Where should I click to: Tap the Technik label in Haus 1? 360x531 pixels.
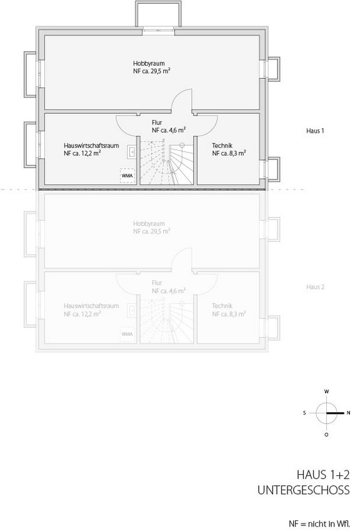click(x=222, y=145)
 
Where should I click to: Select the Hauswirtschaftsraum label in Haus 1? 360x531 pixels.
click(x=91, y=145)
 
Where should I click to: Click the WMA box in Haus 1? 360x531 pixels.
click(x=127, y=176)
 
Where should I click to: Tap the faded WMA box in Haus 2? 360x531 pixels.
click(x=127, y=335)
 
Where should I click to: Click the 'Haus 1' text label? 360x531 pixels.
click(x=316, y=131)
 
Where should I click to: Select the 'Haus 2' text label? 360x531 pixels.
click(x=316, y=287)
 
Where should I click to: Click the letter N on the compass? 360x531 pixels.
click(x=349, y=413)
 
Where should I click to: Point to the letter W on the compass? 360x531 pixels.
click(x=326, y=392)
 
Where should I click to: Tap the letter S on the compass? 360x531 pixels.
click(x=304, y=413)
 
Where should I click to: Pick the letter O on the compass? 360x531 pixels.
click(x=326, y=434)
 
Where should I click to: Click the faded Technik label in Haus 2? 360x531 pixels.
click(x=222, y=306)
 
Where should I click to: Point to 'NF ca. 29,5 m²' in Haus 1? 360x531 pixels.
click(x=152, y=71)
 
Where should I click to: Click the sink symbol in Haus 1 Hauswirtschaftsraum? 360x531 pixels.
click(x=132, y=151)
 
